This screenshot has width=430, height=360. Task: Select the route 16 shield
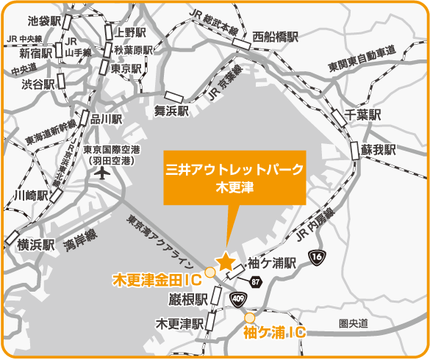[318, 256]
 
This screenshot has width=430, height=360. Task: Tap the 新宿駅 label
[36, 53]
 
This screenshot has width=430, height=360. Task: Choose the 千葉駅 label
[364, 115]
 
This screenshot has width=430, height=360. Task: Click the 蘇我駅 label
[379, 149]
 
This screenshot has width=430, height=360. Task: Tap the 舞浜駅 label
[171, 111]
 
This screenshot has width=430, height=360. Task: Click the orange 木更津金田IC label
[157, 279]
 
